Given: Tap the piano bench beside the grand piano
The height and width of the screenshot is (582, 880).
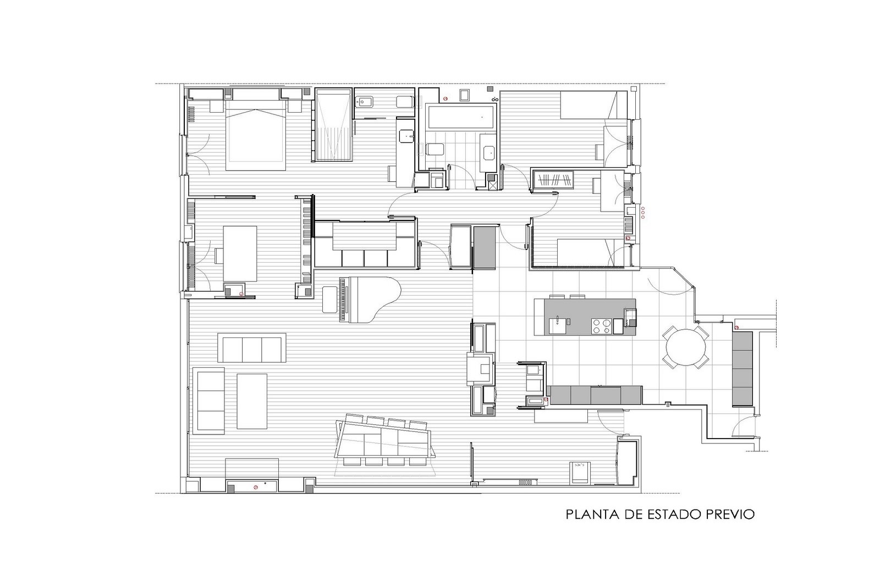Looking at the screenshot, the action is pos(329,300).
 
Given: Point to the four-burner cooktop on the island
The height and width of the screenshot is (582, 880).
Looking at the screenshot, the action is pos(602,326).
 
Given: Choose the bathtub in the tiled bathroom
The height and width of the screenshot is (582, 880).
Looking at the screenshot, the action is pos(460,117).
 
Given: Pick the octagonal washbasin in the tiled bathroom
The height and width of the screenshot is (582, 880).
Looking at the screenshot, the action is pos(489,153).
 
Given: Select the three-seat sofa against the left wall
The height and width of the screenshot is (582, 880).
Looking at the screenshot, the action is pos(208,400).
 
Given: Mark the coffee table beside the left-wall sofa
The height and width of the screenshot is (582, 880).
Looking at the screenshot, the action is pos(252,401).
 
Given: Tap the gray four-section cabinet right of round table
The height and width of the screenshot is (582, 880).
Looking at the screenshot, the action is pos(742,369).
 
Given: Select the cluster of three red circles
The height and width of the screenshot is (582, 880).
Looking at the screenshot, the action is pos(643,212).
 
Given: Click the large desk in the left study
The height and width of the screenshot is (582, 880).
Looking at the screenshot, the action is pos(240,253).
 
